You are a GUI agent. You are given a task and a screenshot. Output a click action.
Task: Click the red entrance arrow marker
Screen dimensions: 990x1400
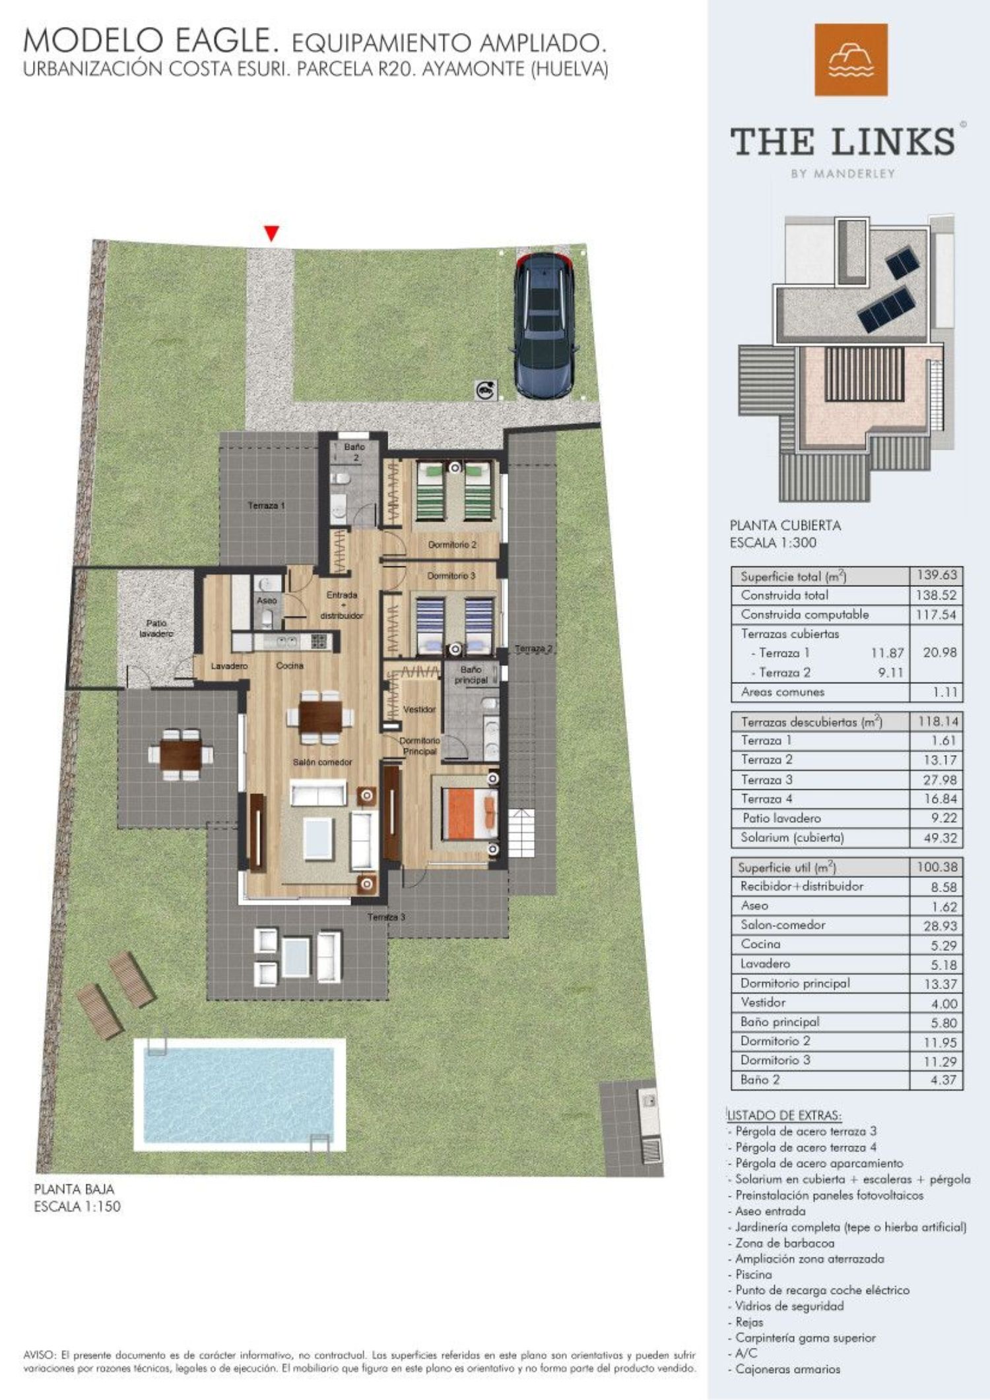click(x=271, y=233)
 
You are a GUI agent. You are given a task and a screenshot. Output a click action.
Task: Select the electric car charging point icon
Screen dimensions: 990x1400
click(x=484, y=390)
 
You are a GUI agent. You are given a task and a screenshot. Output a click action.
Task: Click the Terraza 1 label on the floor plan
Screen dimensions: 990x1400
click(x=266, y=506)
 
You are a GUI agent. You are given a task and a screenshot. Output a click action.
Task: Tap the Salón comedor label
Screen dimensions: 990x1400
click(x=322, y=762)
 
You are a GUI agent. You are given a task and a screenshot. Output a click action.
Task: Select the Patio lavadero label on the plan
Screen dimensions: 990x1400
click(x=156, y=628)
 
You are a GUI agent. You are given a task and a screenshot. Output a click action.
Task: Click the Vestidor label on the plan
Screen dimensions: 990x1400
click(x=419, y=710)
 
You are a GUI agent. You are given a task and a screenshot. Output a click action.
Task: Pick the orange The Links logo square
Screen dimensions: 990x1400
click(x=851, y=59)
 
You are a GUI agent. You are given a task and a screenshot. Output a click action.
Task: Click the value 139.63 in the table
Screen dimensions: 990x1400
click(x=936, y=575)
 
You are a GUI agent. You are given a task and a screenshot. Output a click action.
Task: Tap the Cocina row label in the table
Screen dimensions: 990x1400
click(x=760, y=944)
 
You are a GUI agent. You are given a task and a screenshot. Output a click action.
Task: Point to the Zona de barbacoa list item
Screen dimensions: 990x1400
click(x=785, y=1243)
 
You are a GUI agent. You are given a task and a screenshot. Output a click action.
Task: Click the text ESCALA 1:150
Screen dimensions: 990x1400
click(x=77, y=1207)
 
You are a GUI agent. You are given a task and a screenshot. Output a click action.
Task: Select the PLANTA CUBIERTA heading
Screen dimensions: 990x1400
click(x=785, y=526)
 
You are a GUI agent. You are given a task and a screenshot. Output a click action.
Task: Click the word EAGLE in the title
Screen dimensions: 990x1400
click(x=224, y=42)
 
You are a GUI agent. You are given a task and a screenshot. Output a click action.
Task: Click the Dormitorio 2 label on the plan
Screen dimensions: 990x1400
click(x=452, y=545)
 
